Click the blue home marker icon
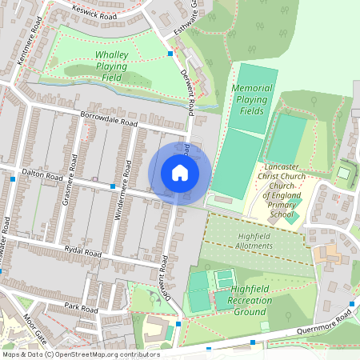click(179, 173)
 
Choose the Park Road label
click(81, 308)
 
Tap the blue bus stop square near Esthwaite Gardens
click(170, 54)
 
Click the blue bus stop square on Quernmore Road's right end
click(352, 306)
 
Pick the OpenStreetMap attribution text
click(80, 354)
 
